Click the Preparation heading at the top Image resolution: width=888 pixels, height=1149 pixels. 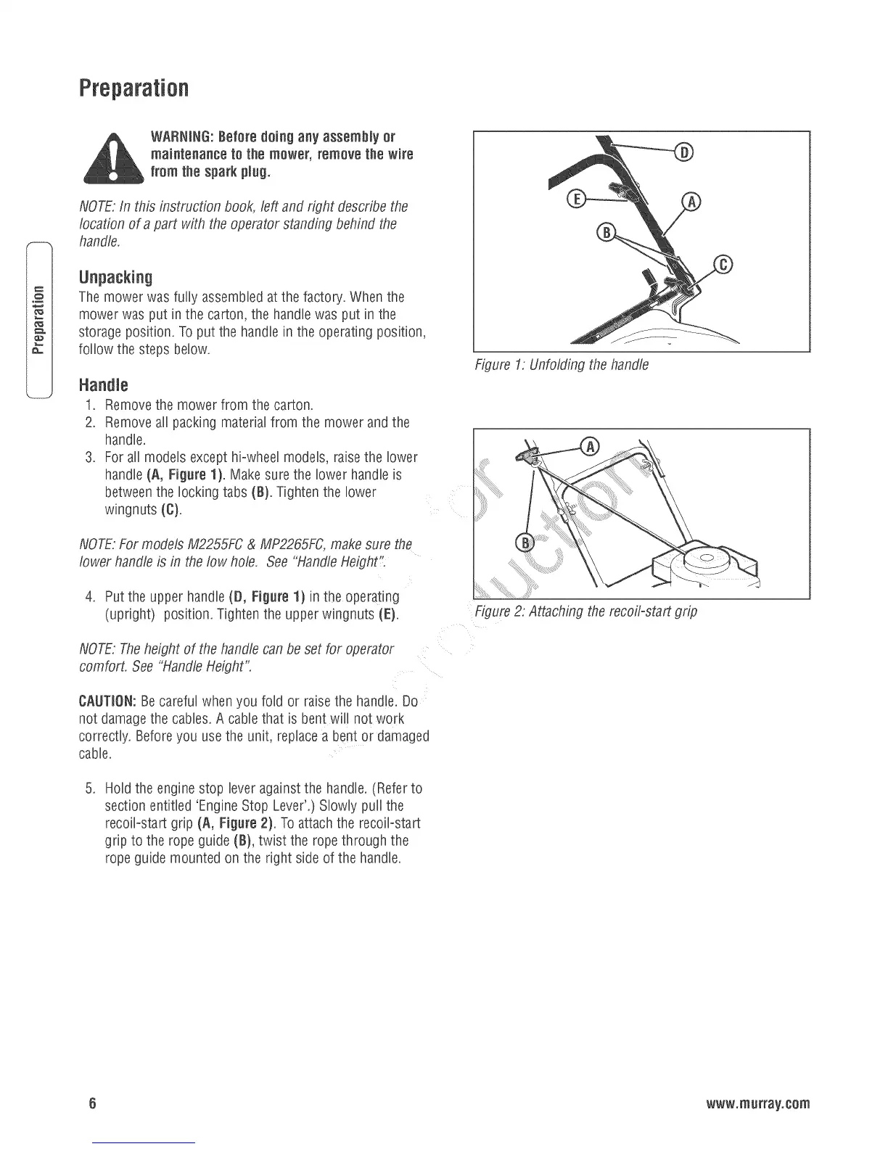coord(133,89)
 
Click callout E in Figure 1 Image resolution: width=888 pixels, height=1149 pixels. coord(575,200)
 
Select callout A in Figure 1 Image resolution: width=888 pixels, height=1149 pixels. coord(692,202)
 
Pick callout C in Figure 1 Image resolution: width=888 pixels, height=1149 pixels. coord(723,264)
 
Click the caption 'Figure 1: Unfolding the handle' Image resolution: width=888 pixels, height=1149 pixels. coord(561,365)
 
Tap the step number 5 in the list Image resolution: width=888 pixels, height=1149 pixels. coord(91,788)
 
